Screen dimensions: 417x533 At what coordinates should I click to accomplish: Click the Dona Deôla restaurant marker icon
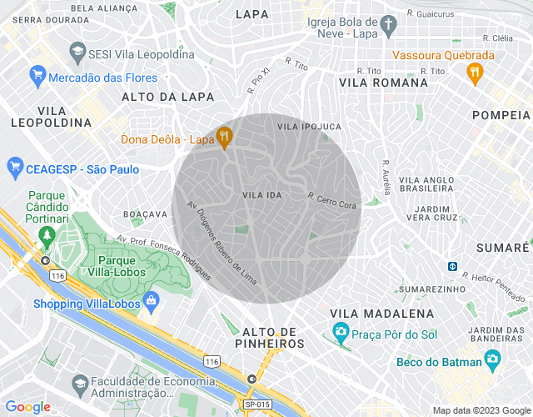pos(223,137)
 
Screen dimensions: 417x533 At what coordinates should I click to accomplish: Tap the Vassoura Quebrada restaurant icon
pos(475,72)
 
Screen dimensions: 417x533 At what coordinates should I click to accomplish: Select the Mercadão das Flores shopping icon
pos(37,77)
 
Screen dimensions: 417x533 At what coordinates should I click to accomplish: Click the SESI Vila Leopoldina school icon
pos(77,52)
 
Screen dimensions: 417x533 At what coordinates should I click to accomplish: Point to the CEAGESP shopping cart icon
pos(14,168)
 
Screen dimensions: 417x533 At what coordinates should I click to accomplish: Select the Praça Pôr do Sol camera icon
pos(341,333)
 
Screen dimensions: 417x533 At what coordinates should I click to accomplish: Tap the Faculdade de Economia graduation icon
pos(79,384)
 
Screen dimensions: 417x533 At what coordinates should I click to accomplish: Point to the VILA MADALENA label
pos(381,313)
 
